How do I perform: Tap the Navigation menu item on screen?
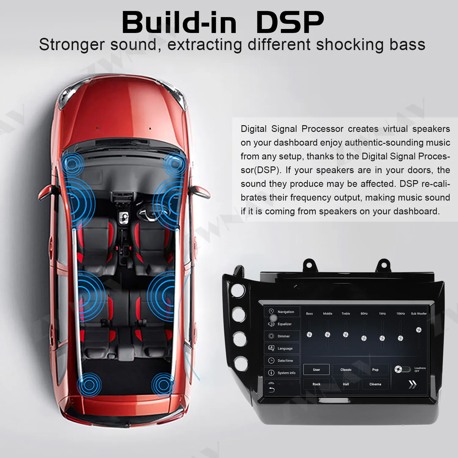(282, 312)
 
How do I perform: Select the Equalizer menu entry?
(282, 324)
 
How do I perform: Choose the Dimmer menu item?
(282, 336)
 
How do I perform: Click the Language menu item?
(282, 348)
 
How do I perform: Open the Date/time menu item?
(282, 361)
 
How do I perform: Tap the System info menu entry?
(282, 373)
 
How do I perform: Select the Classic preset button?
(346, 370)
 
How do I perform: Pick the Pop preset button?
(375, 370)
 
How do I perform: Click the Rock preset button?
(316, 384)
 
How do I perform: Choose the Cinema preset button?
(375, 384)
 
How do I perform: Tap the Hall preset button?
(346, 384)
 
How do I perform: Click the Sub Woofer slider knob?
(419, 330)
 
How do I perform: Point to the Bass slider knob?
(309, 335)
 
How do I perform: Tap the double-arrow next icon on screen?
(412, 384)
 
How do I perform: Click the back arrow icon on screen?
(271, 390)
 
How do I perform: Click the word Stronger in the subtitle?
(72, 45)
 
